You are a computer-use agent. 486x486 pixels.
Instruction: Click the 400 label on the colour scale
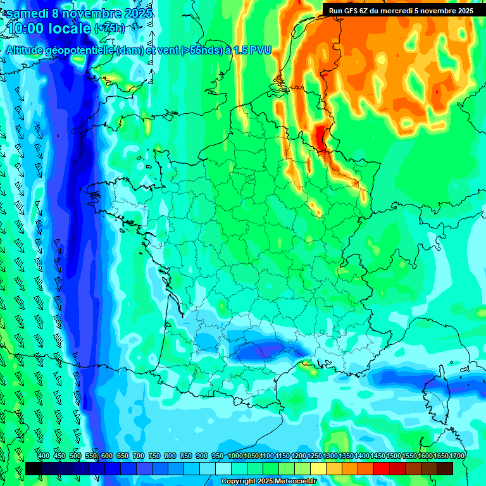pos(44,456)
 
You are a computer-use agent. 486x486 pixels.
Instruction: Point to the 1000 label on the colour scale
pos(235,456)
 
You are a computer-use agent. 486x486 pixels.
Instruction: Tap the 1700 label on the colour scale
pos(456,456)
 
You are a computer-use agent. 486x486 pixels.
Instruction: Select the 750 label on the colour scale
pos(154,456)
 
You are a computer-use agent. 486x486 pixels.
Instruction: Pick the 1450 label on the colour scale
pos(377,456)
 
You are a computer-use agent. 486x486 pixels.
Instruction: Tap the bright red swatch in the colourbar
pos(382,468)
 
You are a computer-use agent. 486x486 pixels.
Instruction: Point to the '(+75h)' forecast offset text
pos(109,28)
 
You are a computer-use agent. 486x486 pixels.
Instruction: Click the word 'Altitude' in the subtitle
pos(30,50)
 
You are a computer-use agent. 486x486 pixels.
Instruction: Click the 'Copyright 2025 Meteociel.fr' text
pos(268,482)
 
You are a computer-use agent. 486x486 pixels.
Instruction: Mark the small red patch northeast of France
pos(322,137)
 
